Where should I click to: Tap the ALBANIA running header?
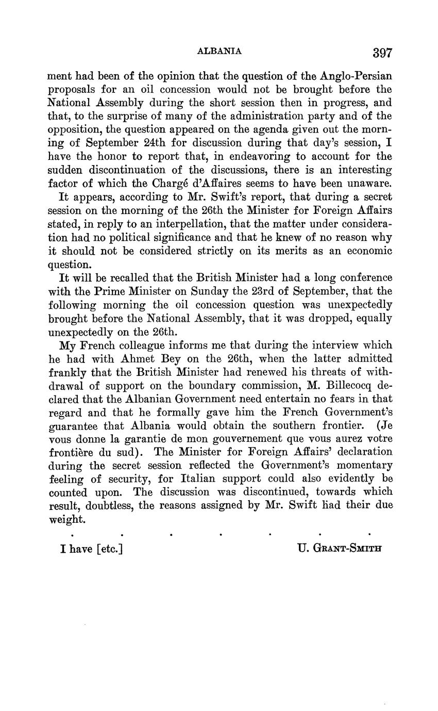[x=220, y=51]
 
